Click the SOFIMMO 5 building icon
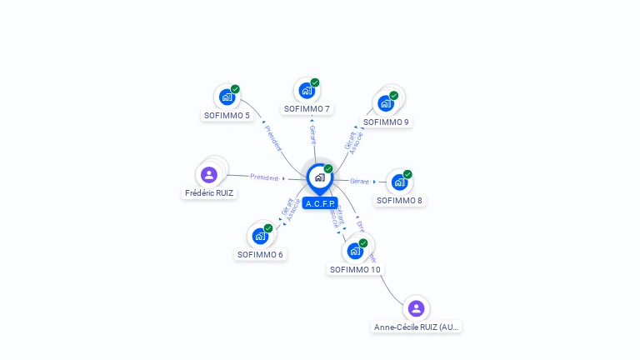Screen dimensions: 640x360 227,97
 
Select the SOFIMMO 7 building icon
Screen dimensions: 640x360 307,90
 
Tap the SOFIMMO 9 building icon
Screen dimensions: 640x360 385,103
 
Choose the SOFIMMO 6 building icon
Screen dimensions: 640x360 260,236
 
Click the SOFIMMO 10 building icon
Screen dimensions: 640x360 355,251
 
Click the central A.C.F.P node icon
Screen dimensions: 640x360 319,177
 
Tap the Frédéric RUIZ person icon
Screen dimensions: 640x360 209,174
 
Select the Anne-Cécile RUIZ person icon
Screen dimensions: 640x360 416,308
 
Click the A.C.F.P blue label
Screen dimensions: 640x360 320,203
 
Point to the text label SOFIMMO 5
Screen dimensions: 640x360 227,116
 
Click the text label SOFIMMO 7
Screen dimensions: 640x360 307,109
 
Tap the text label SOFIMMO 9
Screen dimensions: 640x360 386,122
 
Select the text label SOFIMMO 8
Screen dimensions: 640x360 399,201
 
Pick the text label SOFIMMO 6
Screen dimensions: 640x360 260,255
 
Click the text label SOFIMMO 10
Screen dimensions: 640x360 355,270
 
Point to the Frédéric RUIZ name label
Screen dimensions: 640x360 209,193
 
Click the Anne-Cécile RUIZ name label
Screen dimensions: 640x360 416,327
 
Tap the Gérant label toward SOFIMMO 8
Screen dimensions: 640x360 359,181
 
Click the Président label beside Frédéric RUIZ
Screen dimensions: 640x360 263,177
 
